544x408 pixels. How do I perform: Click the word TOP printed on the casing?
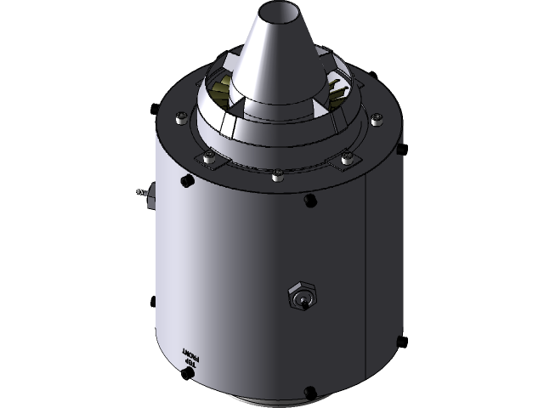coord(190,360)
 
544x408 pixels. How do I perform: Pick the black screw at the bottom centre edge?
coord(309,393)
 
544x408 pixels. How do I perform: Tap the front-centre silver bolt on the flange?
coord(278,176)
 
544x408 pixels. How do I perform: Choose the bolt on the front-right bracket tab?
coord(346,158)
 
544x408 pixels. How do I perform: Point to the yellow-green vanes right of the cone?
coord(335,86)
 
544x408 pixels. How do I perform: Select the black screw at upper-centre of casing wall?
coord(309,201)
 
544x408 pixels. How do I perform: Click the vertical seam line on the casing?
coord(365,272)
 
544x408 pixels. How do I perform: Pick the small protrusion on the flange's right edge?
coord(398,149)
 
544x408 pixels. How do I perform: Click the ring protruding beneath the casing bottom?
coord(272,401)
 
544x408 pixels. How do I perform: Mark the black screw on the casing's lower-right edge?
coord(396,342)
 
